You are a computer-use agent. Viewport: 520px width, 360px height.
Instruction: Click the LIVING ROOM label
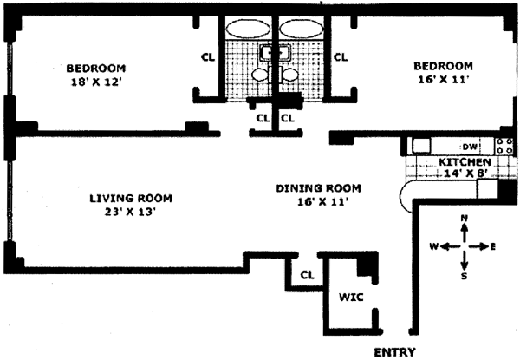[127, 196]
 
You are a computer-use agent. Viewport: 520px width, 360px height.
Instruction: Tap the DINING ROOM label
[318, 187]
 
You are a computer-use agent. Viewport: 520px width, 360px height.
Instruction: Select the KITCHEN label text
[465, 162]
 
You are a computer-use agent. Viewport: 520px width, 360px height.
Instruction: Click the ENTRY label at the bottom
[394, 351]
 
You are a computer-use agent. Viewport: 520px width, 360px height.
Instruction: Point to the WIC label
[350, 297]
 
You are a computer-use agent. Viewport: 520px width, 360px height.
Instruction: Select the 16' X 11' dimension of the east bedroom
[442, 80]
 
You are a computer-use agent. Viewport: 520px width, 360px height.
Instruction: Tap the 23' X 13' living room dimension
[127, 211]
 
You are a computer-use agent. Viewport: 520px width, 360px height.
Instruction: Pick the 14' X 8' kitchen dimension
[465, 174]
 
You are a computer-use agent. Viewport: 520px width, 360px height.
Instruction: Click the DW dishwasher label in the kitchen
[470, 146]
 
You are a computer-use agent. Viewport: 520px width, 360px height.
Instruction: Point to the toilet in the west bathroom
[259, 76]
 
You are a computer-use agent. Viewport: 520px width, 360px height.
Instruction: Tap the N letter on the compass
[465, 217]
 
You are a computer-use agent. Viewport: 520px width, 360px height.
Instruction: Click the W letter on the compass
[432, 246]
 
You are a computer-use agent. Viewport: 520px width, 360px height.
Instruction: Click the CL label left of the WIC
[306, 275]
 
